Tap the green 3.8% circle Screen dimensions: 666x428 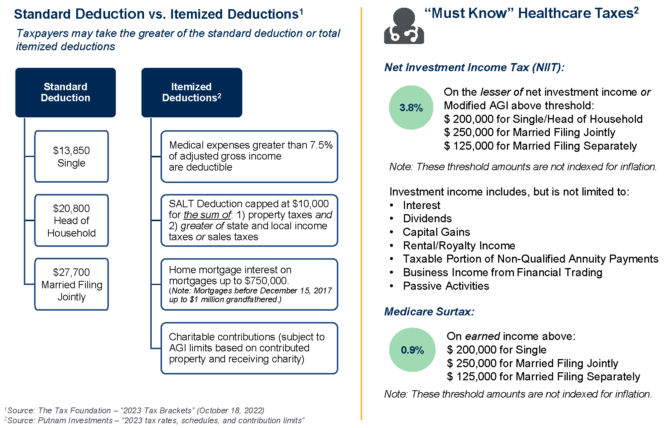(411, 107)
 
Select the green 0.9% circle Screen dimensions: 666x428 (412, 350)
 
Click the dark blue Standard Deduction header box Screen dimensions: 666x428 (66, 92)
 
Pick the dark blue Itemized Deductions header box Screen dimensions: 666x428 (192, 92)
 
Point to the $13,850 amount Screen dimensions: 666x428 (71, 150)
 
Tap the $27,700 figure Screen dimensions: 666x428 (71, 272)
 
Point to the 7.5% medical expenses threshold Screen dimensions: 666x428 (321, 145)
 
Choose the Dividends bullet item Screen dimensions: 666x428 (427, 219)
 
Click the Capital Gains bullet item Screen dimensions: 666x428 (437, 232)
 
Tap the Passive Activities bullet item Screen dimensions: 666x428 (446, 286)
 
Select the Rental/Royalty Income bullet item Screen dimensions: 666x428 (459, 246)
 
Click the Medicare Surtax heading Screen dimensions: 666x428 (429, 312)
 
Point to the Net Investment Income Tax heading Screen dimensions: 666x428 (474, 67)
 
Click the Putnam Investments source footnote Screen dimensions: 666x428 (155, 420)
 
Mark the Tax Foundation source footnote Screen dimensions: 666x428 (135, 410)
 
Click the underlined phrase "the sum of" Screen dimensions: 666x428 (207, 215)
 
